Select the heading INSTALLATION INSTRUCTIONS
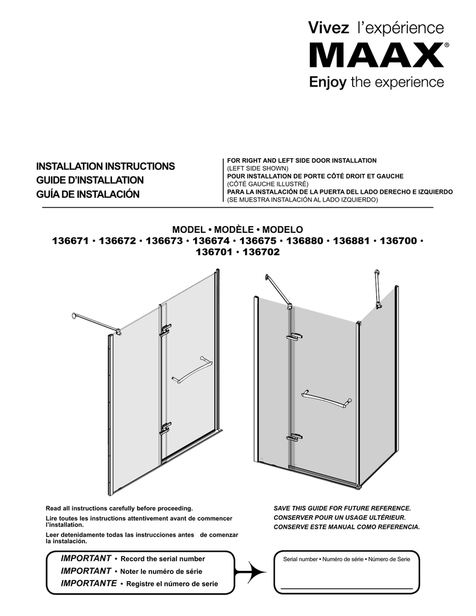click(105, 166)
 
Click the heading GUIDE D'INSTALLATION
click(90, 180)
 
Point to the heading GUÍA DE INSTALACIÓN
click(88, 195)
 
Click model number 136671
click(72, 241)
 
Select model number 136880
click(304, 241)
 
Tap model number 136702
click(261, 252)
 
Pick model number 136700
click(398, 241)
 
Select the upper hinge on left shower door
click(165, 329)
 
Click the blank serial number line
click(346, 588)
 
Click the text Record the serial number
click(162, 559)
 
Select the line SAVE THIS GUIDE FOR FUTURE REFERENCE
click(342, 508)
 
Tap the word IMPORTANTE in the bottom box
click(88, 583)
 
